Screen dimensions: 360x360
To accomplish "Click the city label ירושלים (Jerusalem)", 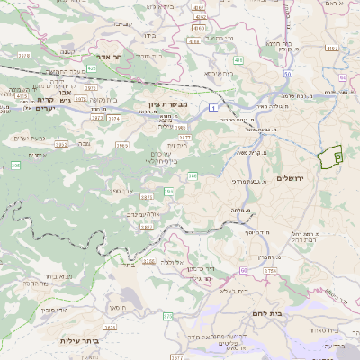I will point(292,178).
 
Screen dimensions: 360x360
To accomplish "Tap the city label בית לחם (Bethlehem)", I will point(267,314).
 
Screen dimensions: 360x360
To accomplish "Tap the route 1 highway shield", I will point(212,107).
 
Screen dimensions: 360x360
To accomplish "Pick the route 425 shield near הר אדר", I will point(92,67).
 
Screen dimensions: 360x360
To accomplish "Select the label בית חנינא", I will point(274,44).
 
